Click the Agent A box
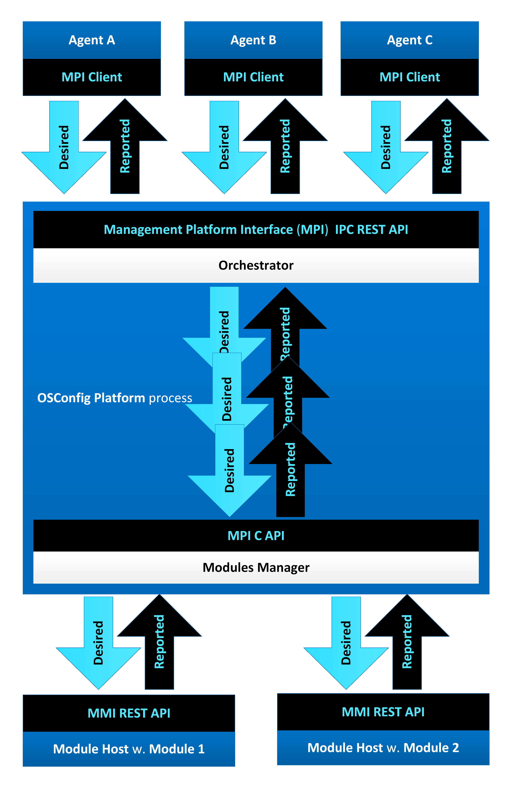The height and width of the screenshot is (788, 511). [x=92, y=40]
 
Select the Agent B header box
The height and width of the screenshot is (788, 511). [x=253, y=40]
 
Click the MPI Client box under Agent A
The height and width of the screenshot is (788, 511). [x=92, y=77]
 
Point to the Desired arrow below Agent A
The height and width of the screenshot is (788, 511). [x=64, y=147]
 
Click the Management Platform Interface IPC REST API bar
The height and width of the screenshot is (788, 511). [x=256, y=229]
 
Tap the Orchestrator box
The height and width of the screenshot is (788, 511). [x=256, y=265]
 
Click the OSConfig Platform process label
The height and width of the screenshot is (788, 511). [x=115, y=398]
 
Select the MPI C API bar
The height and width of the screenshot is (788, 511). [x=256, y=535]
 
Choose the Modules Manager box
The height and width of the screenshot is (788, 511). [x=256, y=567]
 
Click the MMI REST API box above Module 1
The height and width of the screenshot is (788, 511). [x=129, y=713]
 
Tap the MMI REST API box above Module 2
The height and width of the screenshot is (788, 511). [x=383, y=711]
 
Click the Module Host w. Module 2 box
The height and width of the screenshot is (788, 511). [x=383, y=747]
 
